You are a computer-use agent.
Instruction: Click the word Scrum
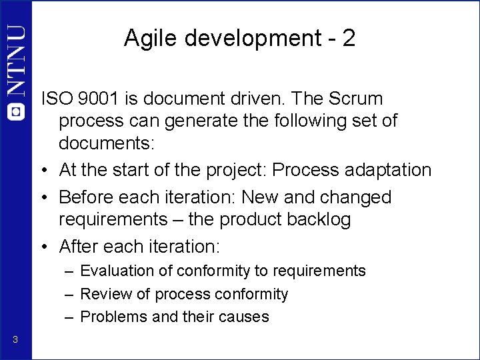(x=357, y=99)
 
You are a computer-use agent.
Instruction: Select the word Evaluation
(x=118, y=271)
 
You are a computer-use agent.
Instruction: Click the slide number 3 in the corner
(x=15, y=341)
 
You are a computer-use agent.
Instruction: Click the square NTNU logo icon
(x=15, y=111)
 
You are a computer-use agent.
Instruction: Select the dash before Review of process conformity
(x=69, y=294)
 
